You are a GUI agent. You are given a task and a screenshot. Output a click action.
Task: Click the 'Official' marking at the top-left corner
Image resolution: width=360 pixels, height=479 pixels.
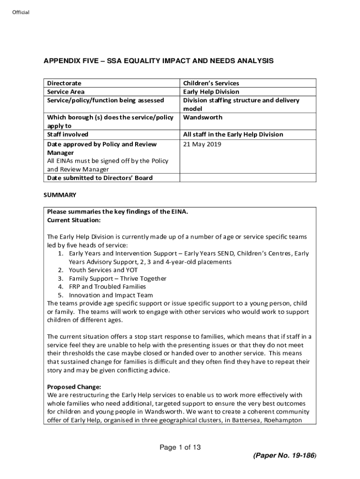(21, 12)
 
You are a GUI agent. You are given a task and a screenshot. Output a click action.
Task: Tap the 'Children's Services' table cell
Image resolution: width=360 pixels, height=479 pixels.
(211, 83)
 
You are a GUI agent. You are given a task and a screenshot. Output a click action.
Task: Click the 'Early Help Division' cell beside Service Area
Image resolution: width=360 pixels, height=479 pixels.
(211, 92)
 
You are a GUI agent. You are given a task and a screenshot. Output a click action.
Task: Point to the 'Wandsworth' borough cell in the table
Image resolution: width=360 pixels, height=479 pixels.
(202, 117)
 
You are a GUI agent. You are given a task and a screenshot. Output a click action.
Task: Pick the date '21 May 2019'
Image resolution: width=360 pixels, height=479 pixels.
(202, 144)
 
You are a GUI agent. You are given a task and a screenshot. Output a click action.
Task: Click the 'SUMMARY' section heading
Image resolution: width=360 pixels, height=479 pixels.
(60, 194)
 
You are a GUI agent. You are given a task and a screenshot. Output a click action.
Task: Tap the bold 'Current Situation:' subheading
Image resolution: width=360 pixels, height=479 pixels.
(74, 220)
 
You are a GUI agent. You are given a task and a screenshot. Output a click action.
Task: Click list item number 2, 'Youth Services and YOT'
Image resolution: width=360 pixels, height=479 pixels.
(103, 270)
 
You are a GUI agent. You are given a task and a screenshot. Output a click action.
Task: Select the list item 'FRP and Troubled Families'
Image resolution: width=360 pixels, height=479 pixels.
(107, 287)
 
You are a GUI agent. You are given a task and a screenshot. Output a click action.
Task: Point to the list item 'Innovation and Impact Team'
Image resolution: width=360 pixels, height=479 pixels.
(110, 295)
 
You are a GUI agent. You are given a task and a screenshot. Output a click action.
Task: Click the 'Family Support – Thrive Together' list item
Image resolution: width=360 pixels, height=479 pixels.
(117, 278)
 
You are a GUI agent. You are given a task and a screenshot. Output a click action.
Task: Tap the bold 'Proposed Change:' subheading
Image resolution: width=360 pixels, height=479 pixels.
(74, 387)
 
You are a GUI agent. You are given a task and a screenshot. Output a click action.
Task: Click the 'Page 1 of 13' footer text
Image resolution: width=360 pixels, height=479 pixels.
(180, 448)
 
